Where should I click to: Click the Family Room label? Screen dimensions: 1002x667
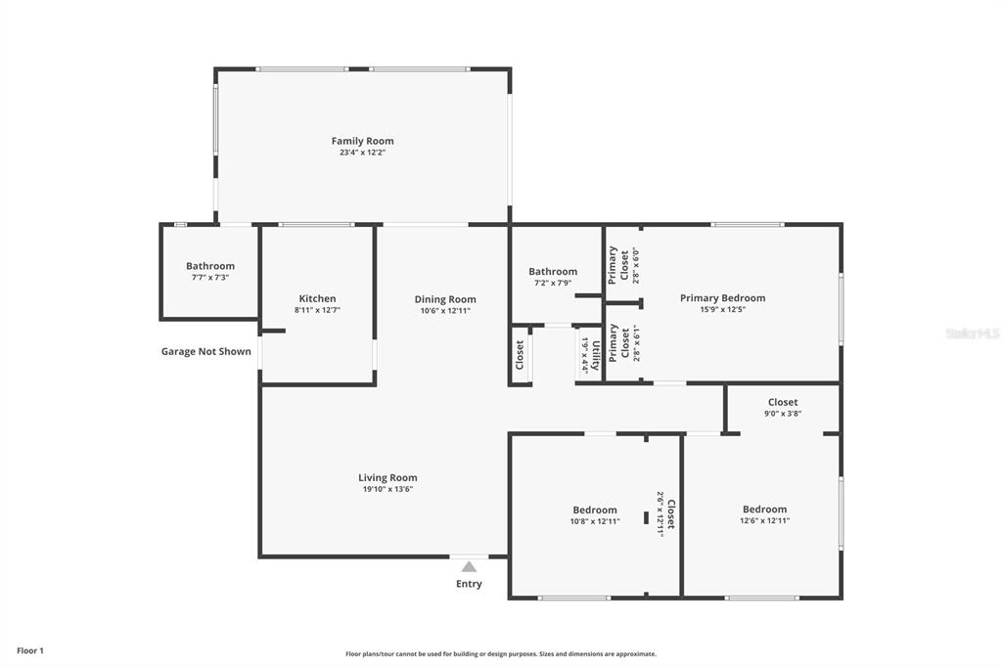point(362,141)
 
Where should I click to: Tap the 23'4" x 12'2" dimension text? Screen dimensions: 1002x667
point(362,153)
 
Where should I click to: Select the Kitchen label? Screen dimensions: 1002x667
point(318,298)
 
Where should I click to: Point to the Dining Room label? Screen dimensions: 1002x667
point(445,299)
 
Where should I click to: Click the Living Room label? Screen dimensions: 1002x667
point(387,477)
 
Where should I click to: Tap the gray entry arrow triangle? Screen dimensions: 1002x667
point(469,566)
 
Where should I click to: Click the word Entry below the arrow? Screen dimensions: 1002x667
point(469,584)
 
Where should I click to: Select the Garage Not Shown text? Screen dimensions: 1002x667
point(205,351)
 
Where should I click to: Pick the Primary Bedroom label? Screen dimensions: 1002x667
point(723,297)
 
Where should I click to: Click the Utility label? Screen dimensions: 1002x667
point(596,355)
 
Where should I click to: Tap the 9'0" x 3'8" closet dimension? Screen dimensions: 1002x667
point(783,414)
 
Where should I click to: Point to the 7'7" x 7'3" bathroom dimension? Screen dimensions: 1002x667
point(210,278)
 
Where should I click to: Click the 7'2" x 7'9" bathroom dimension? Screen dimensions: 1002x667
point(553,283)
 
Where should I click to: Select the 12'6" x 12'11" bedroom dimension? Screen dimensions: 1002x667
point(765,520)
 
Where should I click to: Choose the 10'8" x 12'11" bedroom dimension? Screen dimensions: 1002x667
point(595,521)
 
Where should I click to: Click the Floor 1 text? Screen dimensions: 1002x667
point(30,651)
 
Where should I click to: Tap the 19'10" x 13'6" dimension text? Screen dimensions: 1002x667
point(387,489)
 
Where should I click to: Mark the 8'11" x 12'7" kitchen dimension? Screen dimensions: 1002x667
point(318,310)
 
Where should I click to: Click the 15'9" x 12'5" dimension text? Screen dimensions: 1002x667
point(723,310)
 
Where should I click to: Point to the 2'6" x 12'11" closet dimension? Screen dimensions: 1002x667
point(660,514)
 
